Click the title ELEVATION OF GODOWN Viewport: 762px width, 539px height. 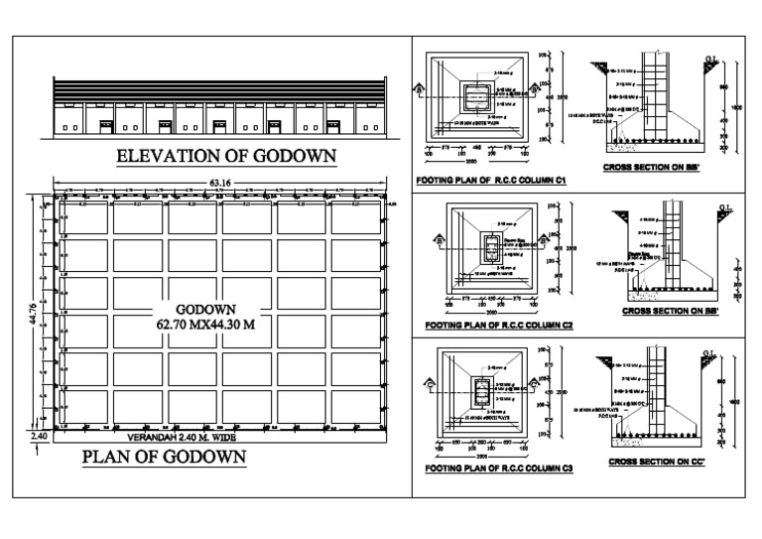(225, 155)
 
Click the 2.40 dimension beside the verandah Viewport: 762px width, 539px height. (39, 436)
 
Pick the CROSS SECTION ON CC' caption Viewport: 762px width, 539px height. (654, 463)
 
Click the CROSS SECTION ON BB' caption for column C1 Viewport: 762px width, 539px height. (650, 169)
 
